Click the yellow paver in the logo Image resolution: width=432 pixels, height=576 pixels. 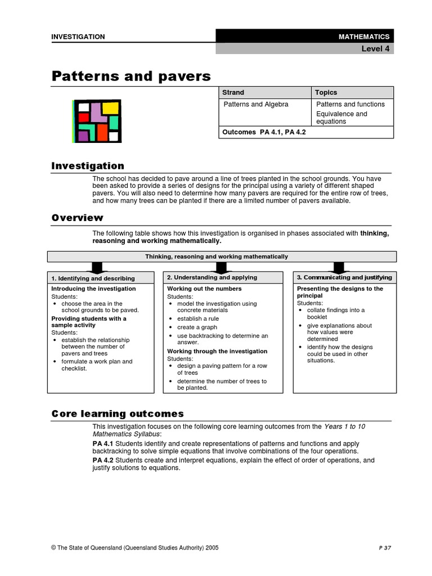click(110, 107)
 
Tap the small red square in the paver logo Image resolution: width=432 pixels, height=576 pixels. click(83, 118)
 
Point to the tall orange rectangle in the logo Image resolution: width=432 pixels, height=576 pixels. click(102, 132)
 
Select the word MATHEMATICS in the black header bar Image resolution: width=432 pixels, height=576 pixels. click(364, 37)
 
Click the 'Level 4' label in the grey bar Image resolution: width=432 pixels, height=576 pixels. click(375, 49)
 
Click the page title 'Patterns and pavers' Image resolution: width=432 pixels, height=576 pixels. click(131, 76)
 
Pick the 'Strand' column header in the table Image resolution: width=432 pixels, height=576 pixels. click(233, 92)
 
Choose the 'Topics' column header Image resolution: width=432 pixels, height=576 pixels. click(326, 92)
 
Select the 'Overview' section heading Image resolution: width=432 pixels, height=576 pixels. click(78, 218)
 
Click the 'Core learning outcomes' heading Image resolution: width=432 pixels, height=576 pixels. click(118, 413)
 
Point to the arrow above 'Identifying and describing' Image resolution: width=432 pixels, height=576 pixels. click(97, 267)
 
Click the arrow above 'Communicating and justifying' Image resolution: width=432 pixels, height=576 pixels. click(339, 267)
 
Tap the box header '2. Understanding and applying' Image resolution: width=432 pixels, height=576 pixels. click(212, 277)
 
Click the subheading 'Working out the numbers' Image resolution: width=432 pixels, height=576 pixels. click(204, 289)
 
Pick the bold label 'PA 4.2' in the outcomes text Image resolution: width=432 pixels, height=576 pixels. click(102, 460)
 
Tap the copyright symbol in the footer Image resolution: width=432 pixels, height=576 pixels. click(54, 547)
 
